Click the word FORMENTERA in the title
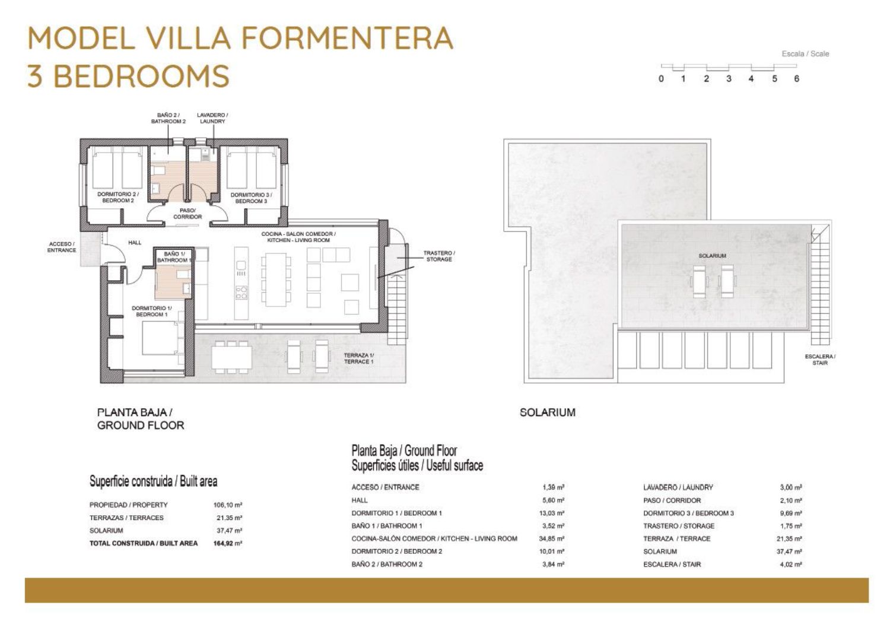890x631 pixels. tap(347, 39)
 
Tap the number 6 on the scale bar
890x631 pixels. tap(797, 79)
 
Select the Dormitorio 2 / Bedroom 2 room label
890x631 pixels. tap(118, 197)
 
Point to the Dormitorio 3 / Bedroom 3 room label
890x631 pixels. tap(251, 198)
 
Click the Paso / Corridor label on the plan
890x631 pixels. tap(187, 214)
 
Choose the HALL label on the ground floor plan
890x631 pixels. tap(135, 243)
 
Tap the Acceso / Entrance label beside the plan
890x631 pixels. tap(62, 247)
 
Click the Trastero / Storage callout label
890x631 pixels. tap(439, 256)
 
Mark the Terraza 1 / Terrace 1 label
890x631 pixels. tap(359, 359)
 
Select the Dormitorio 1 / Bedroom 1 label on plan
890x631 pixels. tap(152, 311)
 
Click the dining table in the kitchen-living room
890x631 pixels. tap(276, 280)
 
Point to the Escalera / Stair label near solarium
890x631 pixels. tap(820, 360)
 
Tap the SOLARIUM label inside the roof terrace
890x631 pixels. tap(713, 256)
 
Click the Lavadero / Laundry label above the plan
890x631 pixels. tap(212, 118)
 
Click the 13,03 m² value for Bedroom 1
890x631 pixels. tap(551, 513)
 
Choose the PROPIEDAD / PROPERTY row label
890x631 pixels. tap(128, 505)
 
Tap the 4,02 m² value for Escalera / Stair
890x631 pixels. tap(791, 564)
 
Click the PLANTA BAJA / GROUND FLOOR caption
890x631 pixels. tap(141, 418)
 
